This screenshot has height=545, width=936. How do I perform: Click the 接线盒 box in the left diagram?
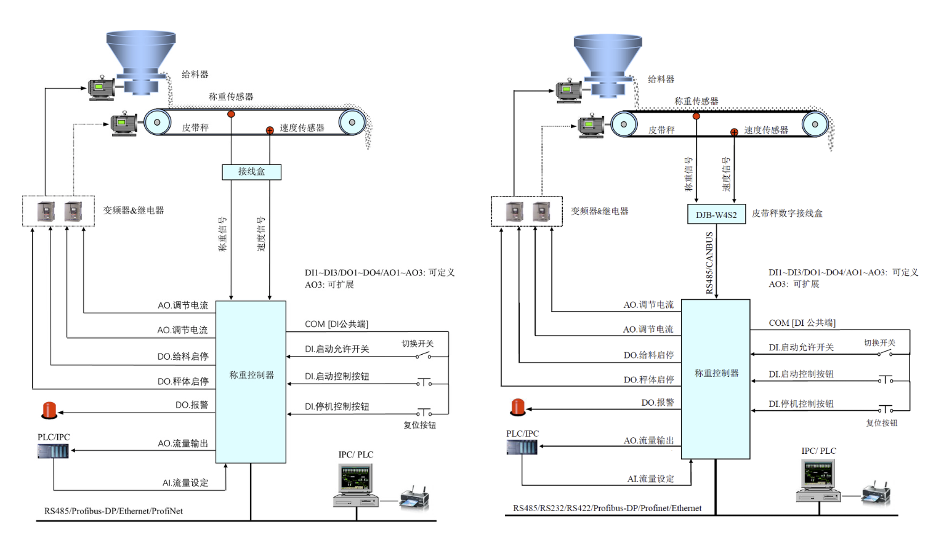click(x=251, y=172)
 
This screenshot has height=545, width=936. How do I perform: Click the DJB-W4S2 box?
click(x=716, y=214)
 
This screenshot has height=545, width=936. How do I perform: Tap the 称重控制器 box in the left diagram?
click(x=251, y=382)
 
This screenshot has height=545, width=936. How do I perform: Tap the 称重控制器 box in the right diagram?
click(x=716, y=379)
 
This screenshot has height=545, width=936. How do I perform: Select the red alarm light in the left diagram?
click(x=49, y=410)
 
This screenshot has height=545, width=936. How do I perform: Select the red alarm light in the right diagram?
click(x=518, y=407)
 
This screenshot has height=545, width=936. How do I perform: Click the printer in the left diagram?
click(x=414, y=498)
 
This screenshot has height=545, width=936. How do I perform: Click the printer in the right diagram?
click(x=876, y=494)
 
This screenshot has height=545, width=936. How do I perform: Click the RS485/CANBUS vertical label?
click(x=709, y=263)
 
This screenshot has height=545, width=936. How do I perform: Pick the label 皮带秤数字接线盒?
click(x=787, y=214)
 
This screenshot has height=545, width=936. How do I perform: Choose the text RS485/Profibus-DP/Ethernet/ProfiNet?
click(x=113, y=511)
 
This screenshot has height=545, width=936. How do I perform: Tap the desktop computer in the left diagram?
click(x=355, y=486)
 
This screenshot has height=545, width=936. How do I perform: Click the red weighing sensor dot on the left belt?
click(x=231, y=114)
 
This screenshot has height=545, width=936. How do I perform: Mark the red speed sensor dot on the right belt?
click(x=734, y=132)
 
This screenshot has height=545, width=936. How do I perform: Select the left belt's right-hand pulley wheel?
click(x=352, y=122)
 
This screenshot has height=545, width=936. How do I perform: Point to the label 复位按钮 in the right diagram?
click(x=882, y=423)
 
